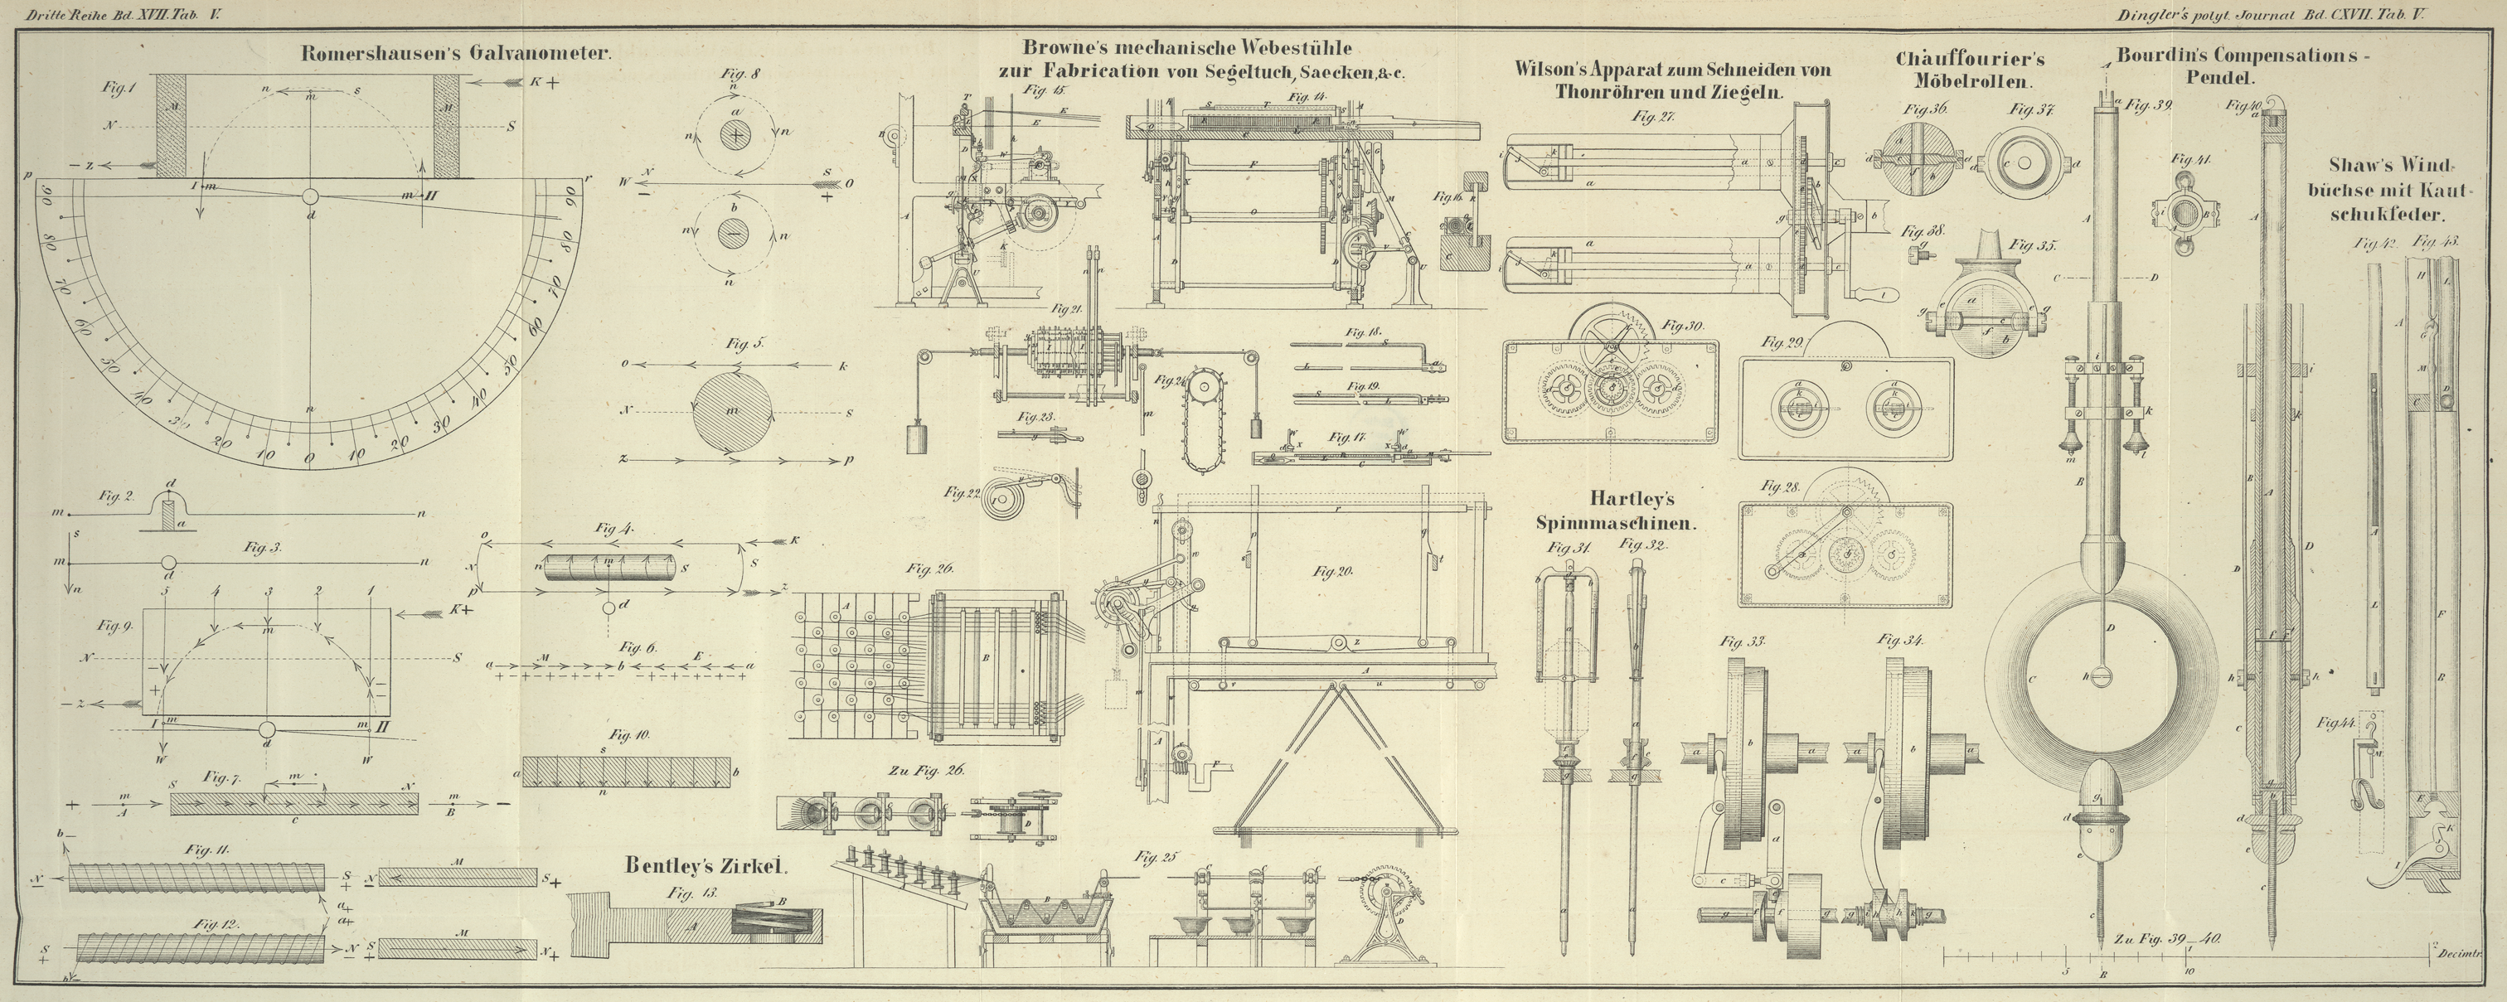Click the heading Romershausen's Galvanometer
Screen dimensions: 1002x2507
click(x=455, y=54)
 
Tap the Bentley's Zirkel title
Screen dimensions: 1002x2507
click(x=705, y=864)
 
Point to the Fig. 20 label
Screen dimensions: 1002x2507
click(x=1332, y=572)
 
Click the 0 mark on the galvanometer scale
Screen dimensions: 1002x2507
click(x=308, y=457)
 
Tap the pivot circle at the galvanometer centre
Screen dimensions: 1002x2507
click(x=309, y=196)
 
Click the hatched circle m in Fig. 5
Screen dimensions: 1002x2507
click(x=733, y=409)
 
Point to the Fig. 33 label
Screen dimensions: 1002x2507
click(x=1741, y=641)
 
